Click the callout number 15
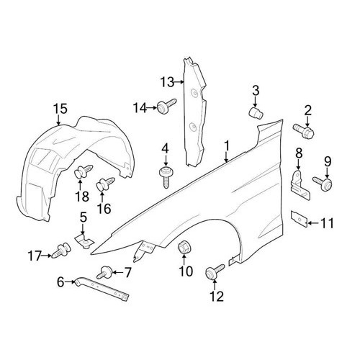pos(60,109)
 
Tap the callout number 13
pos(167,82)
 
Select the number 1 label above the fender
pos(227,146)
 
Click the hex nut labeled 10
pos(184,248)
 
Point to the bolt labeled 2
pos(303,130)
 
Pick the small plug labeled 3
pos(256,113)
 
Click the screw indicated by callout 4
pos(166,176)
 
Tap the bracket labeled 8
pos(300,184)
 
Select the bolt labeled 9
pos(323,182)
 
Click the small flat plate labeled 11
pos(299,218)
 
